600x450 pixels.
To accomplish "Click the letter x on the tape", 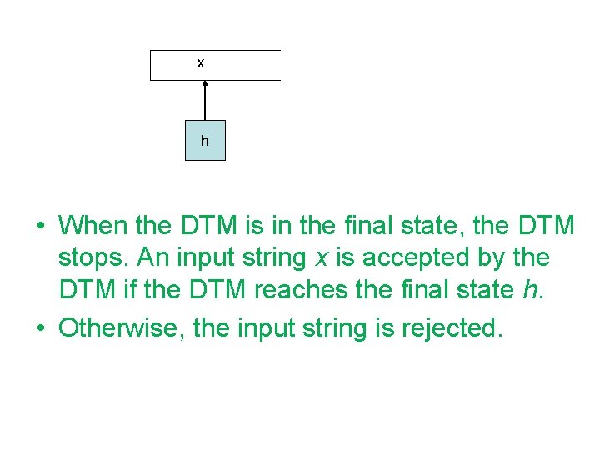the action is click(201, 63).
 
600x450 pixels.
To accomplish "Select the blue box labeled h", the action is click(205, 140).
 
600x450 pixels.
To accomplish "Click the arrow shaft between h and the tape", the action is click(205, 103).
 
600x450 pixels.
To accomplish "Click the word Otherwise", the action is click(122, 327).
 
